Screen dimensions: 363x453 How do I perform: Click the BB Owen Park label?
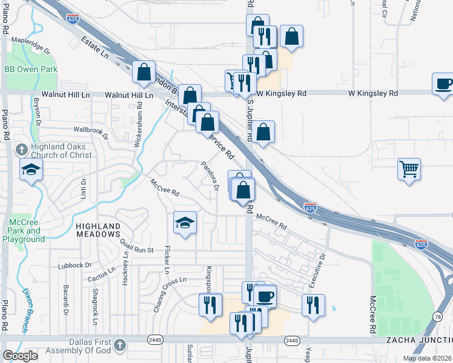pyautogui.click(x=30, y=70)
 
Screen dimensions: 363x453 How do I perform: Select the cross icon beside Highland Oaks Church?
pyautogui.click(x=21, y=149)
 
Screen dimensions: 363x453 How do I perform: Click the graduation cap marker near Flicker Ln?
pyautogui.click(x=185, y=223)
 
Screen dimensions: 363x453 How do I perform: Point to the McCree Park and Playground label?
pyautogui.click(x=25, y=231)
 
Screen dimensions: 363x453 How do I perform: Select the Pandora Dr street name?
pyautogui.click(x=210, y=175)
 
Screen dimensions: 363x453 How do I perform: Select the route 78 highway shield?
pyautogui.click(x=438, y=316)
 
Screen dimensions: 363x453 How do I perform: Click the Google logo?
pyautogui.click(x=21, y=356)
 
